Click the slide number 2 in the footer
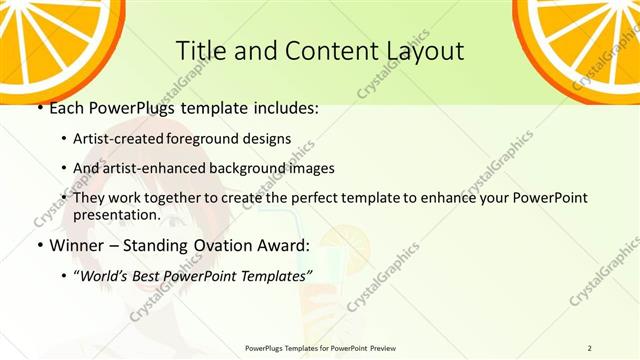click(590, 347)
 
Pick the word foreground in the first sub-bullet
click(245, 139)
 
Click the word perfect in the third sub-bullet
click(313, 197)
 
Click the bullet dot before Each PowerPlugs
click(39, 108)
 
